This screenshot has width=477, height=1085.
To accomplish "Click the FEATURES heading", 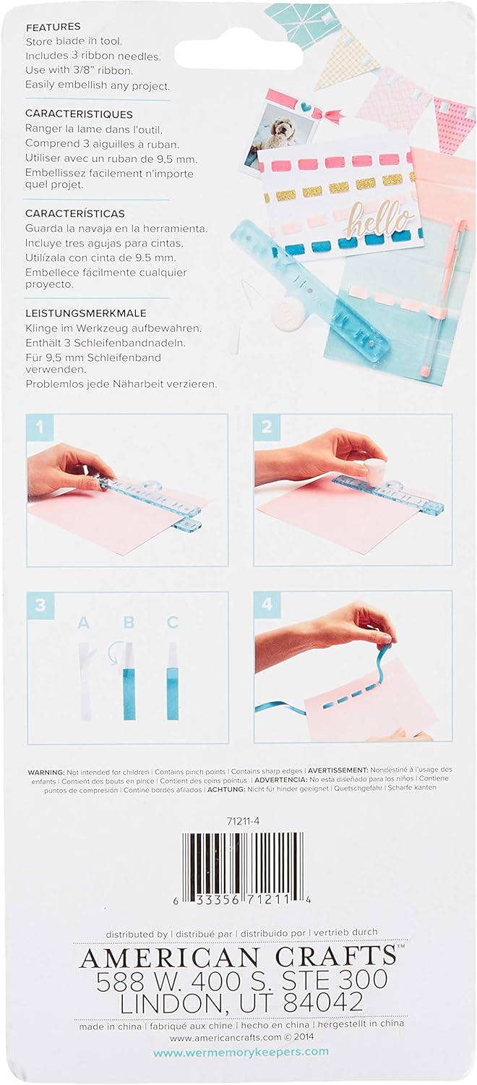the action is (53, 27).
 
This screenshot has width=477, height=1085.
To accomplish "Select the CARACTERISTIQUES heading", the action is (79, 114).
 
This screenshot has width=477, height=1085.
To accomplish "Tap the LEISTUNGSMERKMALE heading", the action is (86, 313).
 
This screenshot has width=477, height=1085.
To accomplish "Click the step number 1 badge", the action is (40, 427).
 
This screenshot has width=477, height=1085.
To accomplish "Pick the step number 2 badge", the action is (267, 427).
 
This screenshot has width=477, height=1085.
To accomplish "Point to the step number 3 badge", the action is (40, 605).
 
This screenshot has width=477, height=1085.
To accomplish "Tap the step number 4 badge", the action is (267, 604).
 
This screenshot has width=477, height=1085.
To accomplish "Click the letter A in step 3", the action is (84, 623).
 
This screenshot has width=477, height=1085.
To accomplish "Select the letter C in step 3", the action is (172, 622).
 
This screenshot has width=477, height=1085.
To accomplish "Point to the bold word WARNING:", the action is (46, 772).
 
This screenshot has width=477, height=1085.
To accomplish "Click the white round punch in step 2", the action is (371, 468).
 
